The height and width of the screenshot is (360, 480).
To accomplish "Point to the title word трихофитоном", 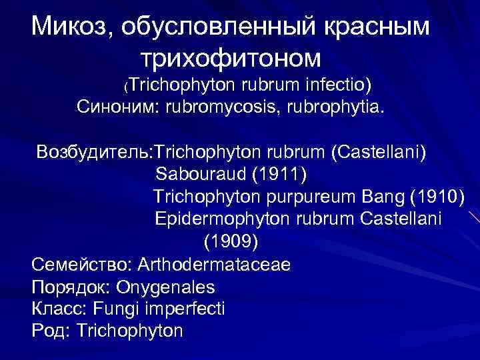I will [x=231, y=58].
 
